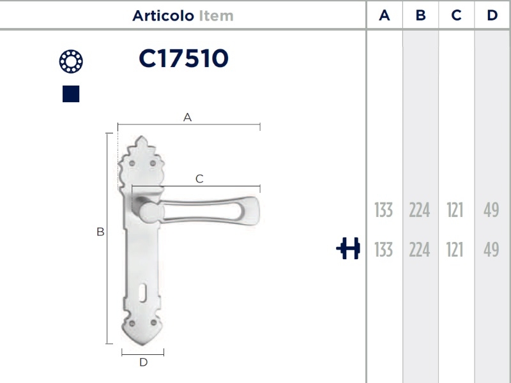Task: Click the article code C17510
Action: click(183, 58)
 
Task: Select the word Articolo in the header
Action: click(163, 15)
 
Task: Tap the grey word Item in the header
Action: click(216, 15)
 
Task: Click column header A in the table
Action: click(385, 15)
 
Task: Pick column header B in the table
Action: click(421, 15)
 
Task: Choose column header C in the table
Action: click(456, 15)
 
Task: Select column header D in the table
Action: click(492, 15)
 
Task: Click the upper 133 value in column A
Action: click(384, 210)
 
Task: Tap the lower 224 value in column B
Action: click(420, 250)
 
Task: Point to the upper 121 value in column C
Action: click(455, 210)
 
